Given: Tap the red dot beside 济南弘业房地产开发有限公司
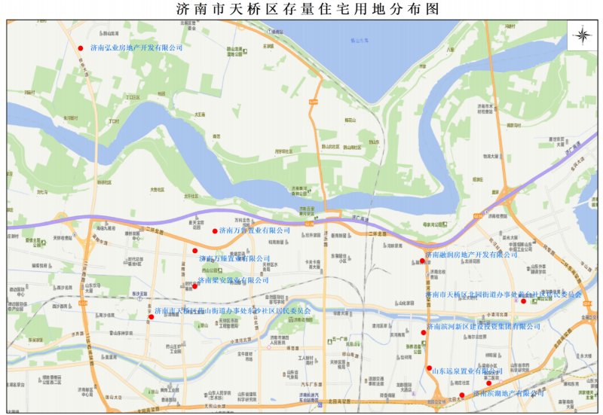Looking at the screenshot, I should [x=81, y=48].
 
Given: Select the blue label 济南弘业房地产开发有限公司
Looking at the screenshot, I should [x=136, y=47].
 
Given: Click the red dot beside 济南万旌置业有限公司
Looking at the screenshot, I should [x=215, y=231].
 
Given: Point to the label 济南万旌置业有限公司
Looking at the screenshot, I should [x=255, y=230].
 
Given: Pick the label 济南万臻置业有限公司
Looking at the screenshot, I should [x=234, y=258].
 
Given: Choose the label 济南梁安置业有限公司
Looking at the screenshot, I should [x=233, y=280].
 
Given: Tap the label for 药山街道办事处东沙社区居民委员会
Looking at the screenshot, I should [x=232, y=310].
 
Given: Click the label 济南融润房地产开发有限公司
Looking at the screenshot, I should [x=472, y=255].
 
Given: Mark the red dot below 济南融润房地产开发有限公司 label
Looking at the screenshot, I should [x=422, y=262].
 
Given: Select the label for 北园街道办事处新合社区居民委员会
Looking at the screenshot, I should [x=504, y=294].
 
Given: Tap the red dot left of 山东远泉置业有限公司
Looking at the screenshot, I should [x=429, y=368].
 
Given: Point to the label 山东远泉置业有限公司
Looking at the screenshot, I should [x=467, y=371].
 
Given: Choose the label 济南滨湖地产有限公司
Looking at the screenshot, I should [x=508, y=393].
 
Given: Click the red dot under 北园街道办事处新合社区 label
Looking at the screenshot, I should [x=523, y=301].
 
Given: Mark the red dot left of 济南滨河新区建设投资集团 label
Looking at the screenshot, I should [x=423, y=332].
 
